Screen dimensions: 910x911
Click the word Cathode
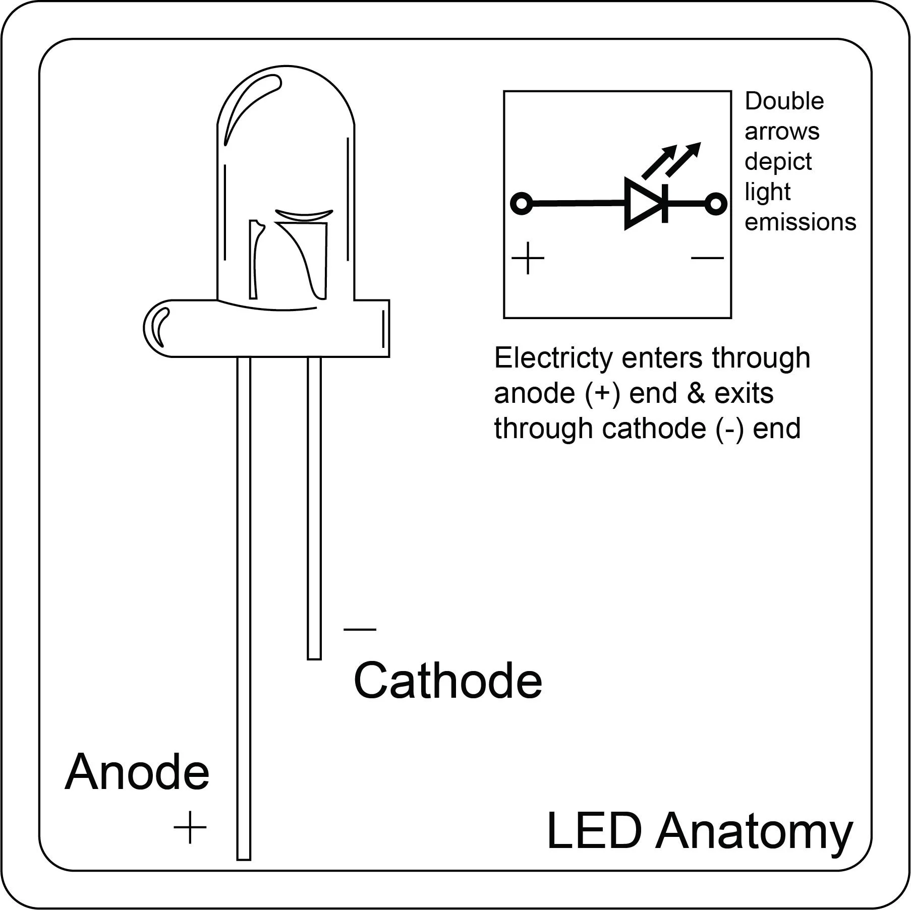point(447,681)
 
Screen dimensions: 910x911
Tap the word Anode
point(137,772)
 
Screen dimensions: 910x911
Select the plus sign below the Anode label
point(190,827)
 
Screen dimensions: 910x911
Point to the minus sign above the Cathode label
point(360,629)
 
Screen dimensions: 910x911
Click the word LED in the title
point(594,831)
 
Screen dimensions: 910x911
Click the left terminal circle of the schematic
point(522,204)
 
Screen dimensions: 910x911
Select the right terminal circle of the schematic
point(715,204)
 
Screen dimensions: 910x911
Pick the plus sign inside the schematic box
point(528,259)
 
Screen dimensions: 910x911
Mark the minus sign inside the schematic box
point(707,258)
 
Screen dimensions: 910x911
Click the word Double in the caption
point(784,101)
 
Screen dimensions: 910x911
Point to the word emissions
point(800,222)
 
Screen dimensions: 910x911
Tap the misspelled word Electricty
point(553,358)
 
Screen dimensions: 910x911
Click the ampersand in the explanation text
point(696,393)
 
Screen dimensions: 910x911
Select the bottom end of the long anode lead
point(244,856)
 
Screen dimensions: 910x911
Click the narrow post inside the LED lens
point(255,260)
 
